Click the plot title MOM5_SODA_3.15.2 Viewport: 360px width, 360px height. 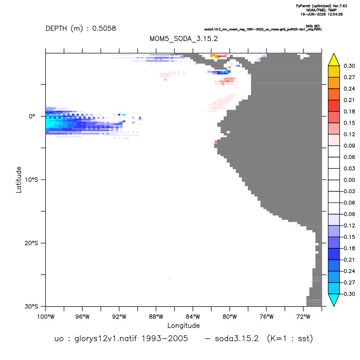point(183,39)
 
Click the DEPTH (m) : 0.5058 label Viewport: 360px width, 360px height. point(81,29)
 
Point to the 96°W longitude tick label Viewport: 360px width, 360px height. point(82,317)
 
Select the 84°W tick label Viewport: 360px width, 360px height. point(193,317)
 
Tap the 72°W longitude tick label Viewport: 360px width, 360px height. point(303,317)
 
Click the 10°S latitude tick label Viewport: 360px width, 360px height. point(31,180)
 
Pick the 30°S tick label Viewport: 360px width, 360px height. point(31,306)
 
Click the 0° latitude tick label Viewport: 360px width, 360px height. point(32,116)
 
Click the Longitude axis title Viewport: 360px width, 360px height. point(183,325)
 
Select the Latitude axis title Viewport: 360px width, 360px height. point(19,180)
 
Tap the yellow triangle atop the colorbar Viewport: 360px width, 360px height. point(334,60)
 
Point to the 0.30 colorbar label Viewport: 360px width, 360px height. point(349,66)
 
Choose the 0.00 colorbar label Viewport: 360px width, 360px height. point(349,180)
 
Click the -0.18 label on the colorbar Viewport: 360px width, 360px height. point(348,248)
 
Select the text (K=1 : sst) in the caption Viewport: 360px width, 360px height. point(290,338)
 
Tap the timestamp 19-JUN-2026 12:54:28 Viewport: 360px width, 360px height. point(321,14)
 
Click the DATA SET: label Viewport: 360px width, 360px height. point(313,26)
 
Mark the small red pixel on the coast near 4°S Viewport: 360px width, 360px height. point(216,142)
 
